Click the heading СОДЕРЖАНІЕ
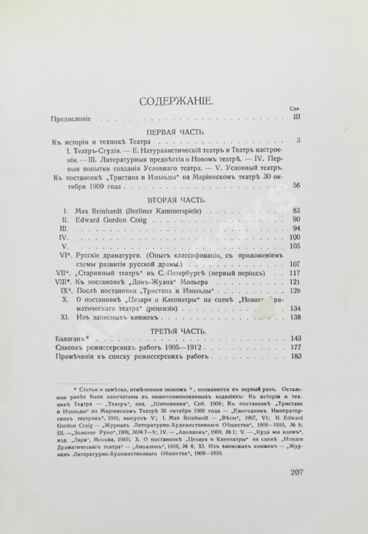(176, 102)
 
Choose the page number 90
(297, 221)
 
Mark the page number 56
(297, 186)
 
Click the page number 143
(296, 338)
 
